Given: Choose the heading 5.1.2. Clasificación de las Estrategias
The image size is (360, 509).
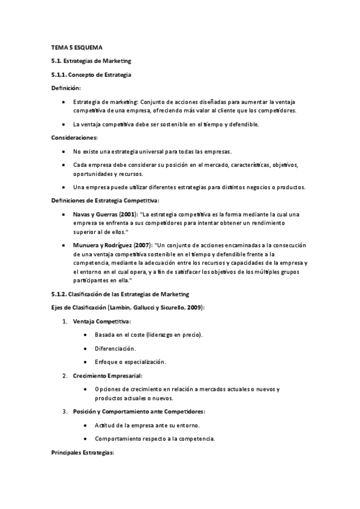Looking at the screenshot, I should click(120, 294).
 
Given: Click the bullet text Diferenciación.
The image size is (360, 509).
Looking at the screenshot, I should click(115, 348).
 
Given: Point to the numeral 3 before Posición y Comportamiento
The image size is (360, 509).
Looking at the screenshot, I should click(65, 411).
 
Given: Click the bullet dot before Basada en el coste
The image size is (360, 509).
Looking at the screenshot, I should click(88, 335).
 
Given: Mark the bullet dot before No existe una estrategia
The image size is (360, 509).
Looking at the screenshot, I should click(64, 151).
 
